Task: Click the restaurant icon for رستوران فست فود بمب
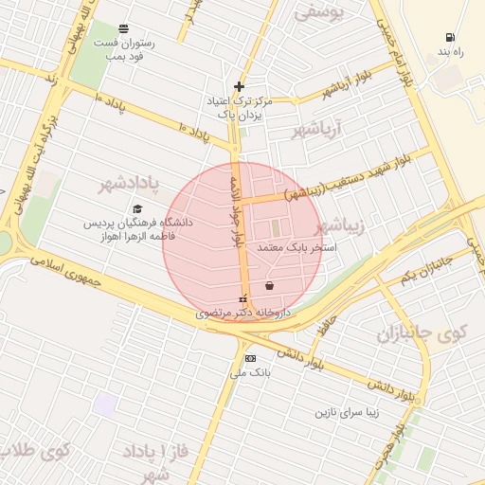pos(125,28)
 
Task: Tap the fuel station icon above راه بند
pos(447,38)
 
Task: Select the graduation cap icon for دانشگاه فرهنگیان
pos(137,209)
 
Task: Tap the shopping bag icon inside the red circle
pos(270,284)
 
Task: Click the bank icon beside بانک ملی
pos(250,358)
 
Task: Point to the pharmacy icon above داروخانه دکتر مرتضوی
pos(243,299)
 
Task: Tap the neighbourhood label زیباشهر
pos(338,226)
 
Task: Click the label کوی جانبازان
pos(422,333)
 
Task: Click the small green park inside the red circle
pos(276,228)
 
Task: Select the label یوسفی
pos(319,11)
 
